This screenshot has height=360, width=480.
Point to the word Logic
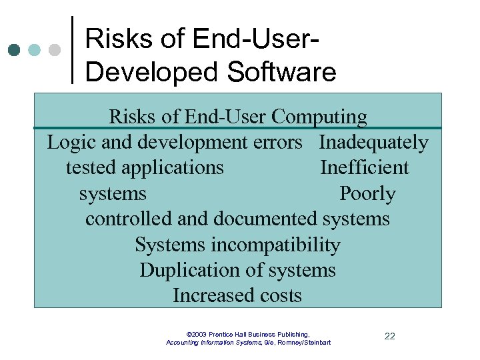[x=67, y=143]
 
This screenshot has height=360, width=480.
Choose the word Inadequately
[x=373, y=143]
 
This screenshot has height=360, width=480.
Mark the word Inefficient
[x=364, y=167]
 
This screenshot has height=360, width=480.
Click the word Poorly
[x=367, y=193]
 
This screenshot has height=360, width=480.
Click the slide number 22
[x=390, y=336]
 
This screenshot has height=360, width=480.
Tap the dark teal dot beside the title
[x=15, y=49]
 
